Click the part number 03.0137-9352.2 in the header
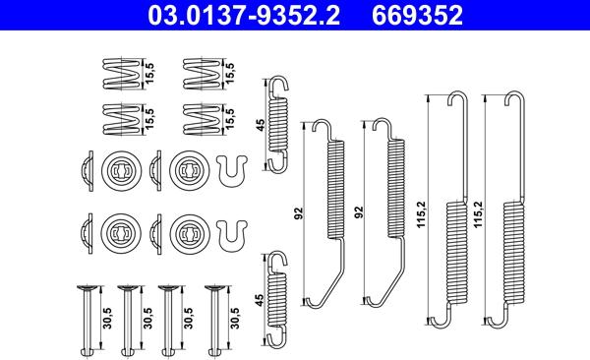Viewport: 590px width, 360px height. pos(244,16)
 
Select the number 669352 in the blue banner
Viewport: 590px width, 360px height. pos(417,16)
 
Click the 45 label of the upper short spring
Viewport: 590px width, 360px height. pos(260,125)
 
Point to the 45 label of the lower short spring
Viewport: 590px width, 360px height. pos(260,300)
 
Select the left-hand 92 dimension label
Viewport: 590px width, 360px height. pos(298,213)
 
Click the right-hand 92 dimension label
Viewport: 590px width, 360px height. pos(360,212)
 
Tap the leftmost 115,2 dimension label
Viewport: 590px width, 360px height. pos(421,213)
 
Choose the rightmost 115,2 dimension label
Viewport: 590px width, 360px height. pos(478,213)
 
